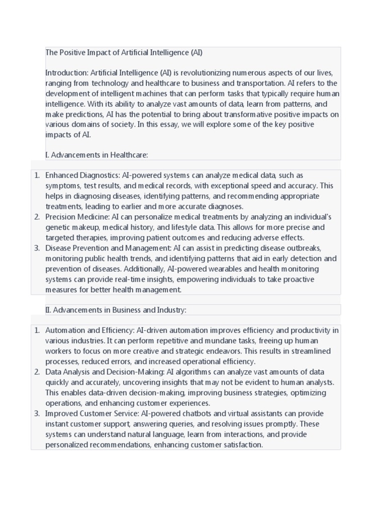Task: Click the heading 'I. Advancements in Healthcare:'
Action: (96, 155)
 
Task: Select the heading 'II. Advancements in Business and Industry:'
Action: (116, 310)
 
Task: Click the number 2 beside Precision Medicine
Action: (37, 217)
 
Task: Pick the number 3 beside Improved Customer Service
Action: (37, 413)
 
